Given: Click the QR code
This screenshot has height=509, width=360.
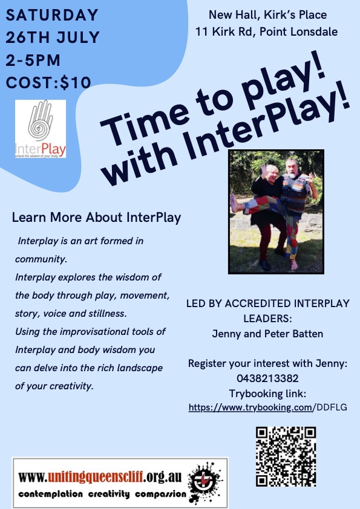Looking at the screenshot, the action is pos(286,456).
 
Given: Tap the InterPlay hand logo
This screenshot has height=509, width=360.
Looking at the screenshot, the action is pos(41,129).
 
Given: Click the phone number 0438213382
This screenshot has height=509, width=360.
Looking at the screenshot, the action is pos(267,378).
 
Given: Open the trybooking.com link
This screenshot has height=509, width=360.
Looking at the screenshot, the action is pos(267,407).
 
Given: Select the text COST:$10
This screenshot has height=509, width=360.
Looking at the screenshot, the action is pos(48,82).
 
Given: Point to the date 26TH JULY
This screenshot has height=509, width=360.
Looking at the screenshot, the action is pos(52,37).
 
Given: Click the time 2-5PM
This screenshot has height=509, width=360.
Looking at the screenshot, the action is pos(33,60).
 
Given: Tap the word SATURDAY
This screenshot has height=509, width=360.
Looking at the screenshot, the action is pos(52,15).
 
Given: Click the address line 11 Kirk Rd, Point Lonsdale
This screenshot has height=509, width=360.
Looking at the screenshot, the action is pos(266,32).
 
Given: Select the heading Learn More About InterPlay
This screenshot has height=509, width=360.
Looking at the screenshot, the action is pos(96,218).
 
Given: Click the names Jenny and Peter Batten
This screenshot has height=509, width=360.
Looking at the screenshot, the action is pos(267,334).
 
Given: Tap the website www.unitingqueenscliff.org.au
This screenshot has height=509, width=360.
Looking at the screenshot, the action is pos(100,477).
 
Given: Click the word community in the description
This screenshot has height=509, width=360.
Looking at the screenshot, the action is pos(41,259).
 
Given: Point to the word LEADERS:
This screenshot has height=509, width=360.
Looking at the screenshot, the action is pos(267,319).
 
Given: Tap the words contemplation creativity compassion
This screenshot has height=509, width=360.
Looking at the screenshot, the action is pos(102,494).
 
